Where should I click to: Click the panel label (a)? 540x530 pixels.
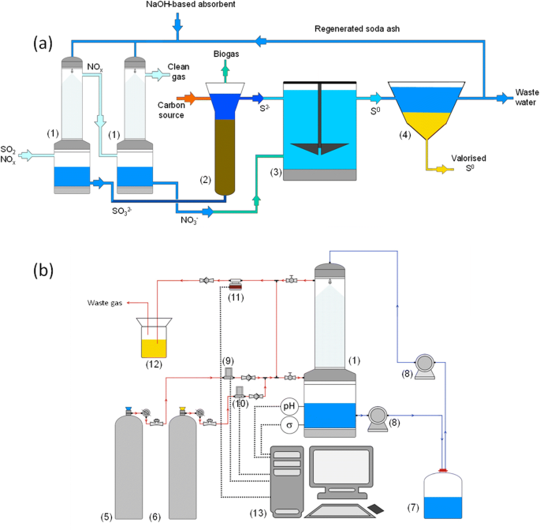[44, 43]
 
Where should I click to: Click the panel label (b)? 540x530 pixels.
[44, 270]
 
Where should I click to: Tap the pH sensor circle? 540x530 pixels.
[291, 406]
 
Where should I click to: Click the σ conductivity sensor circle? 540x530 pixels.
[291, 426]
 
